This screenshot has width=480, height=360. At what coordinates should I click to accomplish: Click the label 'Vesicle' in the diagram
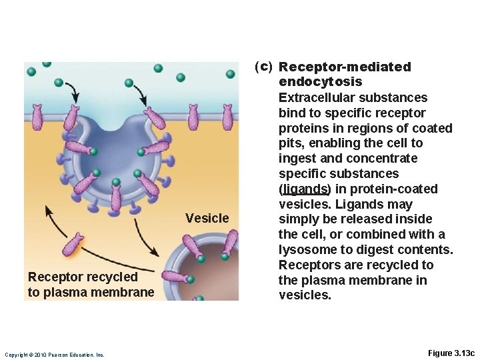tap(207, 218)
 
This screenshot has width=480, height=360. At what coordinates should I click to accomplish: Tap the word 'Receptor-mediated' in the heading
tap(345, 67)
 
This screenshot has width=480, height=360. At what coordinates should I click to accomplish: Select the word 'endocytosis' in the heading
tap(320, 81)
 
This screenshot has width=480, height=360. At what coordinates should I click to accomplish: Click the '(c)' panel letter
tap(263, 66)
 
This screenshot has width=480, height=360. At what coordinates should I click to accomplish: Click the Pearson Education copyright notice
tap(54, 355)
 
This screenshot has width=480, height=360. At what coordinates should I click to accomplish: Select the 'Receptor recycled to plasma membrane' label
tap(90, 285)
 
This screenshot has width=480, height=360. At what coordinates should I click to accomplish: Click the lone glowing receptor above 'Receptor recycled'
tap(73, 245)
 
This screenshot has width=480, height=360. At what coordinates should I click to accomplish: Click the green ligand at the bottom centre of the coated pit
tap(116, 182)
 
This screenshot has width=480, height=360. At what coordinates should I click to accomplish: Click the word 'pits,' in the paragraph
tap(293, 143)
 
